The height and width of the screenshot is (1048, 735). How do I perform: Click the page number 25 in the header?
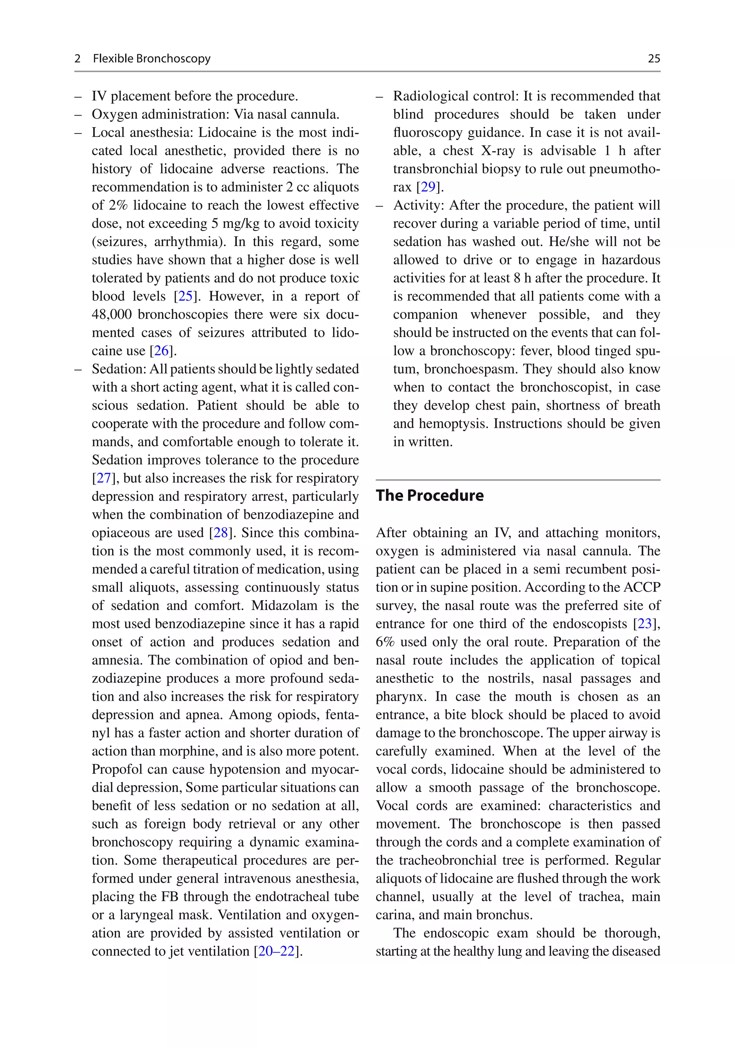(x=654, y=58)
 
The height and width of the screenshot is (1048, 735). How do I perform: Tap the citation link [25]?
(x=186, y=296)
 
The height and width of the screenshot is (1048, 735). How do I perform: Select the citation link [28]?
(x=221, y=533)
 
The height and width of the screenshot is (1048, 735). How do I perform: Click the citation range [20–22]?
(x=276, y=951)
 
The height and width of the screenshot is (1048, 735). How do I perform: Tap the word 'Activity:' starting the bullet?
(x=418, y=206)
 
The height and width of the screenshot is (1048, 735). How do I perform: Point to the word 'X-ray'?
(x=497, y=151)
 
